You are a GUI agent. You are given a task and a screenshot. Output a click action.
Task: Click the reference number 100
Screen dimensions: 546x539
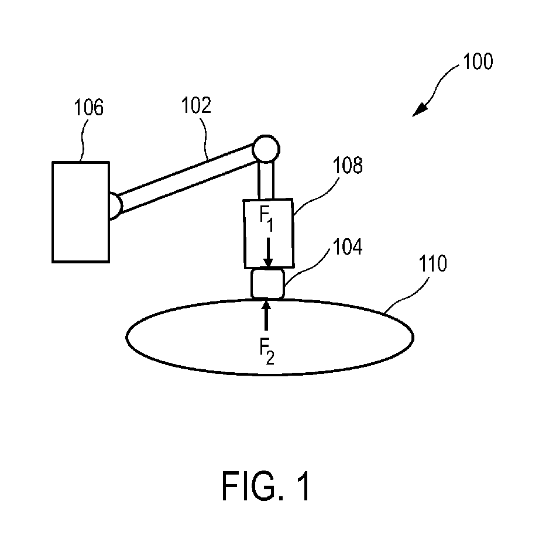pyautogui.click(x=478, y=63)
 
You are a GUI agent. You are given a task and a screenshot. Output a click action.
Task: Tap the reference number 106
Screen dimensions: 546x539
pyautogui.click(x=88, y=108)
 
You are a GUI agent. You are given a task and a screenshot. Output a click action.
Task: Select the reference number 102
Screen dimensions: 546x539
pyautogui.click(x=197, y=106)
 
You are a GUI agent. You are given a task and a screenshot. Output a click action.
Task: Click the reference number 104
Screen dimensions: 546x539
pyautogui.click(x=349, y=248)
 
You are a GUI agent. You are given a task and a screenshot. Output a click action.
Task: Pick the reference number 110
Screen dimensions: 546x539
pyautogui.click(x=432, y=265)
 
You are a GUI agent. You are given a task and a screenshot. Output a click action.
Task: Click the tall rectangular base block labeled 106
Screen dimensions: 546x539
pyautogui.click(x=80, y=211)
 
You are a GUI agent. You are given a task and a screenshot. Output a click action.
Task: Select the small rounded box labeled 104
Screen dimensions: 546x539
pyautogui.click(x=267, y=284)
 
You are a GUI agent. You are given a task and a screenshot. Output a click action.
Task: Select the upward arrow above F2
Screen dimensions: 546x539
pyautogui.click(x=267, y=316)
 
